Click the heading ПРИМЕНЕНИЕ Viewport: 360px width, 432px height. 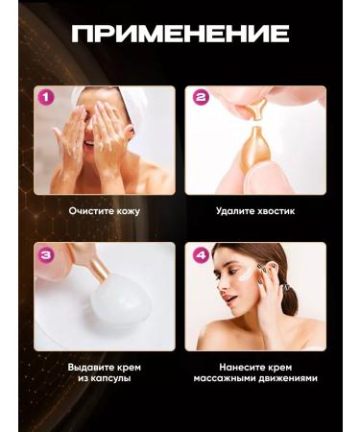[180, 35]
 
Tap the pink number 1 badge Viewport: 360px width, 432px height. [43, 97]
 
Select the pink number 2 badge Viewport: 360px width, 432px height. [201, 97]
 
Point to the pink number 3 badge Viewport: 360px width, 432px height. [43, 254]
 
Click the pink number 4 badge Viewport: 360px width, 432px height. [201, 254]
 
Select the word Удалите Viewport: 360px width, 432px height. [236, 210]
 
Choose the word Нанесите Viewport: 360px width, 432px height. [237, 366]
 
